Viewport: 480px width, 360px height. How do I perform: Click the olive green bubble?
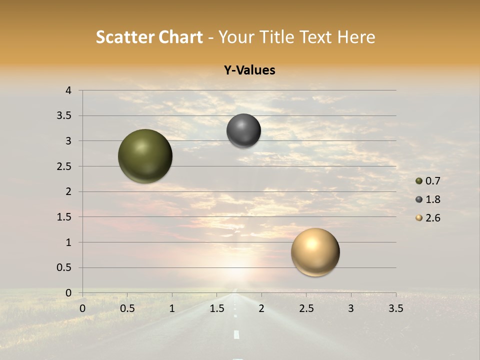coord(145,156)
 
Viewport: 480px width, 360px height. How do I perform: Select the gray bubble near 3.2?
coord(243,130)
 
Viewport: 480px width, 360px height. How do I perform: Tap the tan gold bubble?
coord(315,252)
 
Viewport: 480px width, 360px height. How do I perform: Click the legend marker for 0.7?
coord(419,181)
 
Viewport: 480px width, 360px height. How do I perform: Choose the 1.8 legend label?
coord(433,199)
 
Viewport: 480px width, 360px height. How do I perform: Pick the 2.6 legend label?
coord(433,218)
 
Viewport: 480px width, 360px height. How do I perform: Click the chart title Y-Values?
coord(249,70)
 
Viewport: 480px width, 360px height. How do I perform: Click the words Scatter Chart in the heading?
coord(149,37)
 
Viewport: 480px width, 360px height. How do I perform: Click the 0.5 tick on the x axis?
coord(127,308)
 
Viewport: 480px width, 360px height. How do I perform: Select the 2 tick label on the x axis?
coord(261,308)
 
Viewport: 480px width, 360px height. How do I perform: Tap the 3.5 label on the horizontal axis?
coord(395,308)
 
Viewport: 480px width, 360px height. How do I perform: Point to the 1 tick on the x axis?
coord(172,308)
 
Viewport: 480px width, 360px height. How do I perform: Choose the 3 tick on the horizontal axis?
coord(351,308)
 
